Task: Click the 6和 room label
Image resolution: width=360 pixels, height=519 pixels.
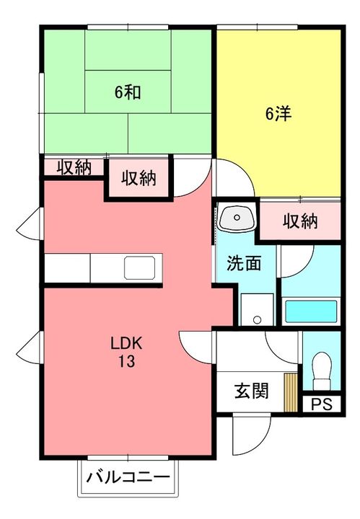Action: (127, 92)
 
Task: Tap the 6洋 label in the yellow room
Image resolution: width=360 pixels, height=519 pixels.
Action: (278, 113)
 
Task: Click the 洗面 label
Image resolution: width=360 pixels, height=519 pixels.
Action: (244, 264)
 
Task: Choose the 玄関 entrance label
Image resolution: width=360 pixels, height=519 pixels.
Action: (251, 391)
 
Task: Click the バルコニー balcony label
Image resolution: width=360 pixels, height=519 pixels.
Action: (128, 477)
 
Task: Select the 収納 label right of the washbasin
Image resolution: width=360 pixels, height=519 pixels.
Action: (299, 221)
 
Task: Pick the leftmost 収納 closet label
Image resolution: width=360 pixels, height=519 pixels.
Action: (74, 168)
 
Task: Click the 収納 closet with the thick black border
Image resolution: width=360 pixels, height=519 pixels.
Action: (139, 178)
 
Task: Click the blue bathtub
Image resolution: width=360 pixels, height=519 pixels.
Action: (311, 312)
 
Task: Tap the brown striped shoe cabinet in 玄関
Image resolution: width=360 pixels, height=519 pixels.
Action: (291, 393)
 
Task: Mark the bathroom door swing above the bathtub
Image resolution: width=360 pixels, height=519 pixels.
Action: (296, 262)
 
